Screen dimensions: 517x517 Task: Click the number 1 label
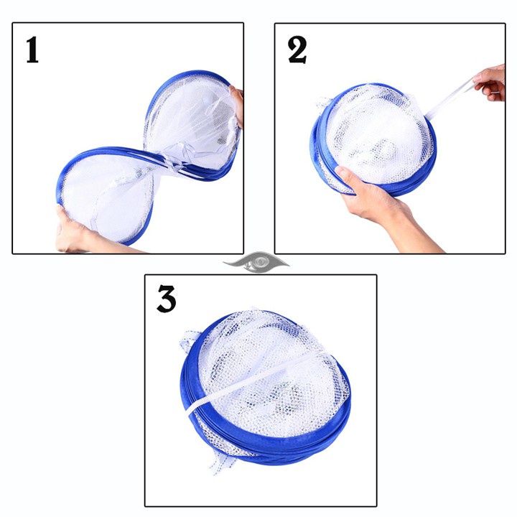pyautogui.click(x=32, y=51)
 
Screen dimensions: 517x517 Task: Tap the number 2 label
pyautogui.click(x=297, y=51)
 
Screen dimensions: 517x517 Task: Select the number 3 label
pyautogui.click(x=166, y=299)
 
